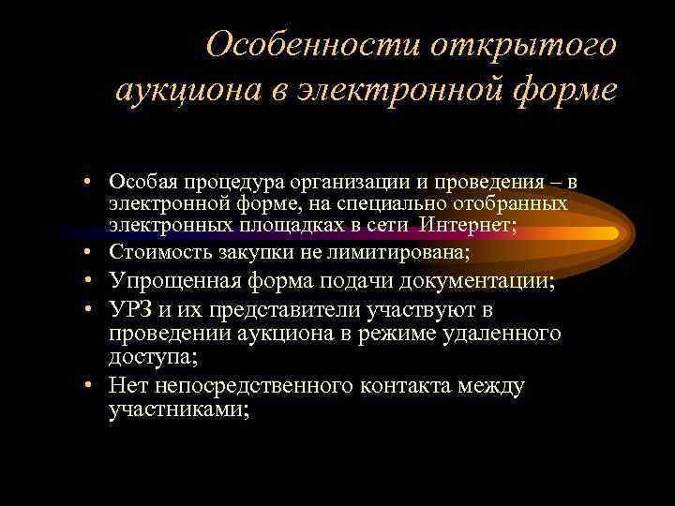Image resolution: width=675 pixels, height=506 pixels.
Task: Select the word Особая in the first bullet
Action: point(138,179)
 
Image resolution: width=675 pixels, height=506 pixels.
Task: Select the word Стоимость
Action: point(152,251)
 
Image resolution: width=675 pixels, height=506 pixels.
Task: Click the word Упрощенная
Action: point(177,280)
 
